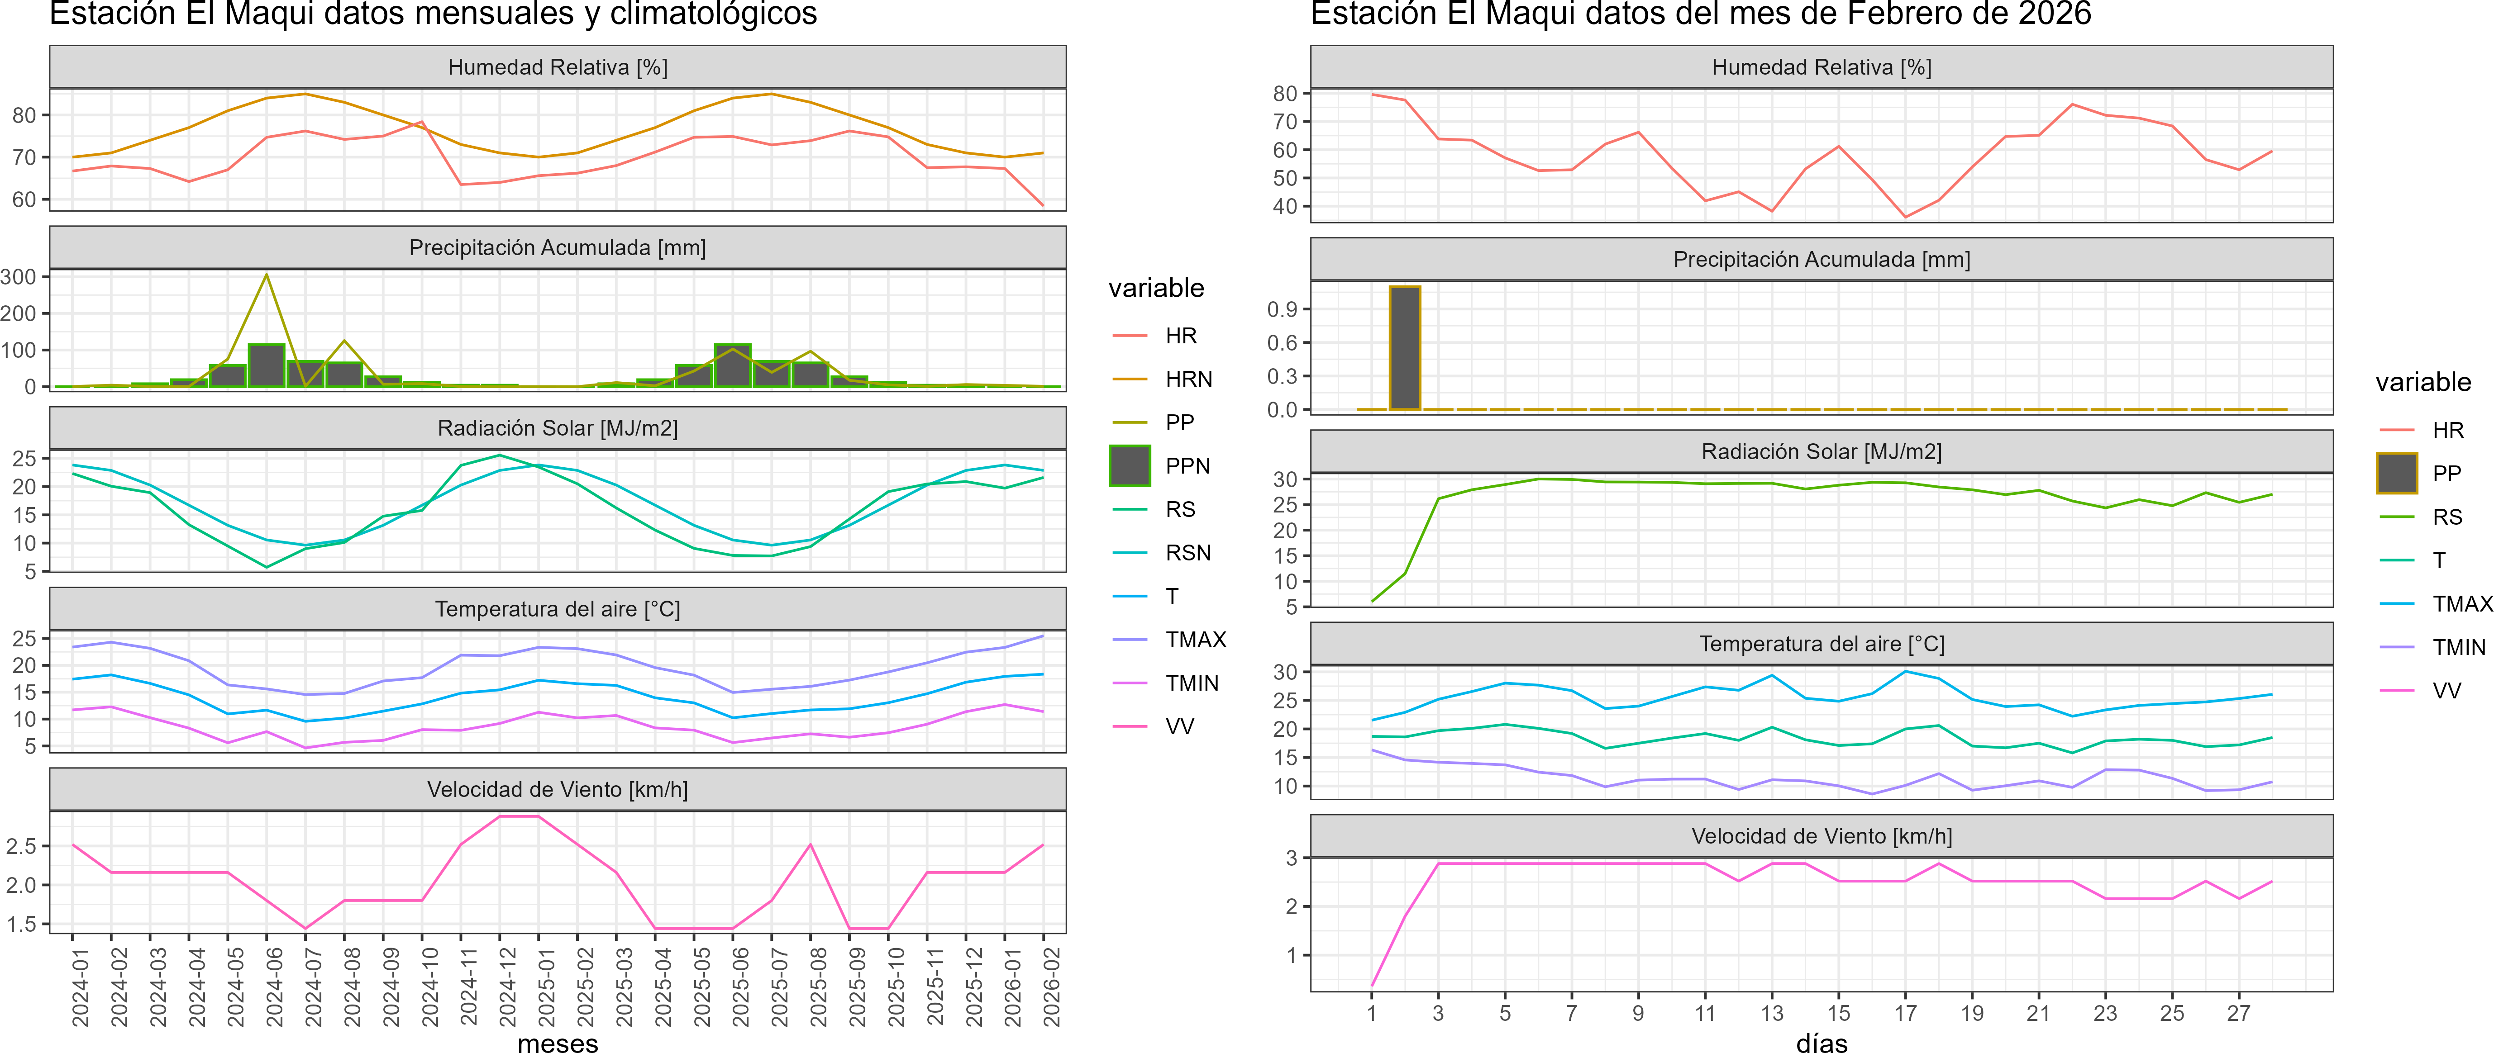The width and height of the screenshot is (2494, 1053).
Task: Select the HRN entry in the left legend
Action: point(1188,379)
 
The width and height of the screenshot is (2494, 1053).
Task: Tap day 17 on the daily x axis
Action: point(1905,1013)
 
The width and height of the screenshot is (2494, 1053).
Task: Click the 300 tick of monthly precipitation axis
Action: point(19,277)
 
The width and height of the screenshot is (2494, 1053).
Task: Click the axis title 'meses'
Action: point(558,1042)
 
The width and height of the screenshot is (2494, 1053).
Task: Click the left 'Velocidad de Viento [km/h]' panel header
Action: point(558,790)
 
